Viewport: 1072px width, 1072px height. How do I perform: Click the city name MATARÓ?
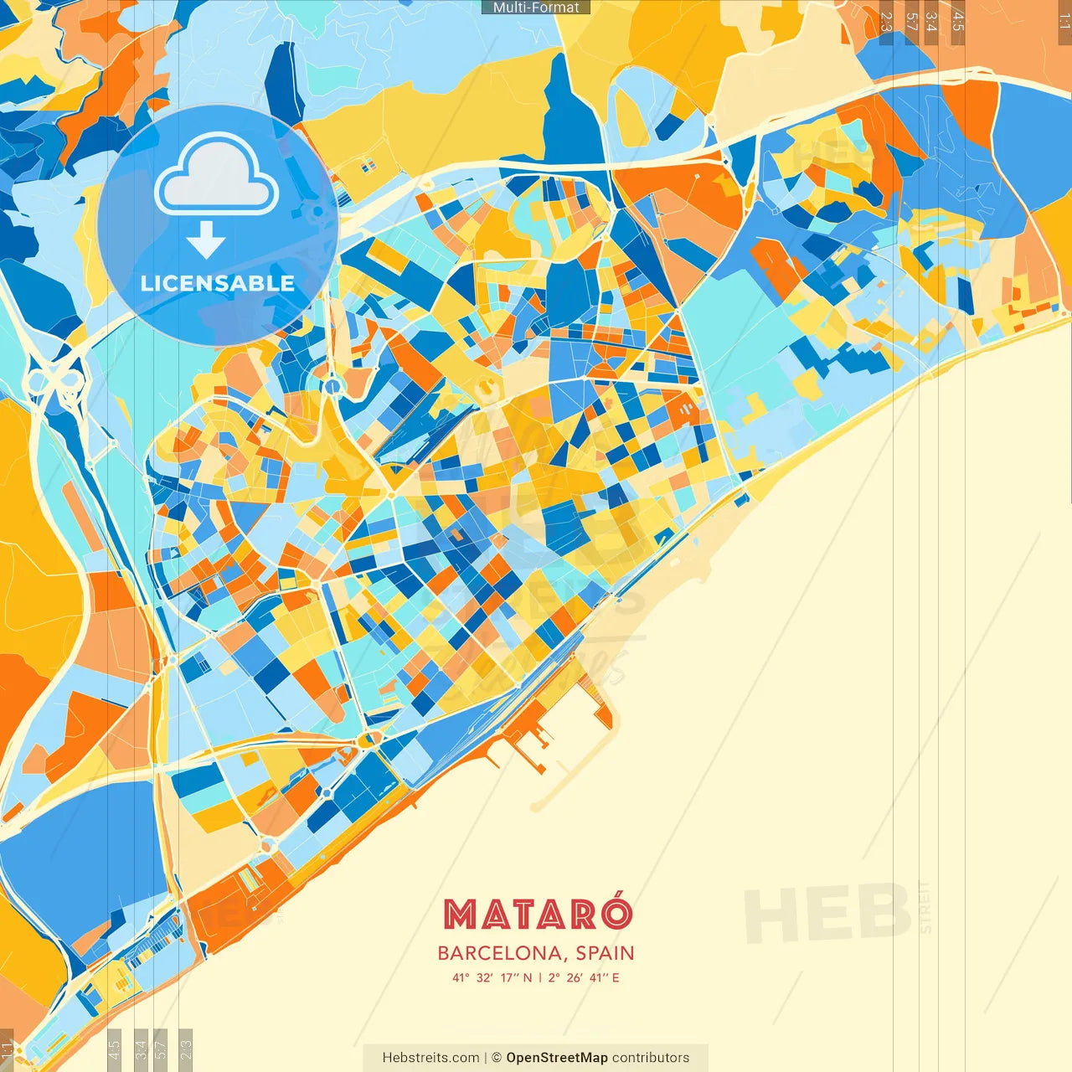pos(537,915)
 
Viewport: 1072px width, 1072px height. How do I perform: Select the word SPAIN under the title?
pos(605,953)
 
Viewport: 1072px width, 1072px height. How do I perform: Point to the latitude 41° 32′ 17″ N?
pos(492,977)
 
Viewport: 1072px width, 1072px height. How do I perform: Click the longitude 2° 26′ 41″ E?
pos(584,977)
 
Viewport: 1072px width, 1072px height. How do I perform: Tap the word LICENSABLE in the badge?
pos(217,283)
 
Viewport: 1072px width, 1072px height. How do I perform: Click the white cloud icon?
pos(217,177)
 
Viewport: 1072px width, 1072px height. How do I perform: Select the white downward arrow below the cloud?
pos(206,240)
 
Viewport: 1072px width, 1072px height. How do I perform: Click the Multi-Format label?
pos(536,8)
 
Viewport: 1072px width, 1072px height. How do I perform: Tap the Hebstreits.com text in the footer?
pos(430,1058)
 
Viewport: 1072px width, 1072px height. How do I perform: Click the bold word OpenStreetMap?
pos(556,1058)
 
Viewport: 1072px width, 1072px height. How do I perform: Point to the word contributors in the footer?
pos(651,1058)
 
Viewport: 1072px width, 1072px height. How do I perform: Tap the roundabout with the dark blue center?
pos(333,386)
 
